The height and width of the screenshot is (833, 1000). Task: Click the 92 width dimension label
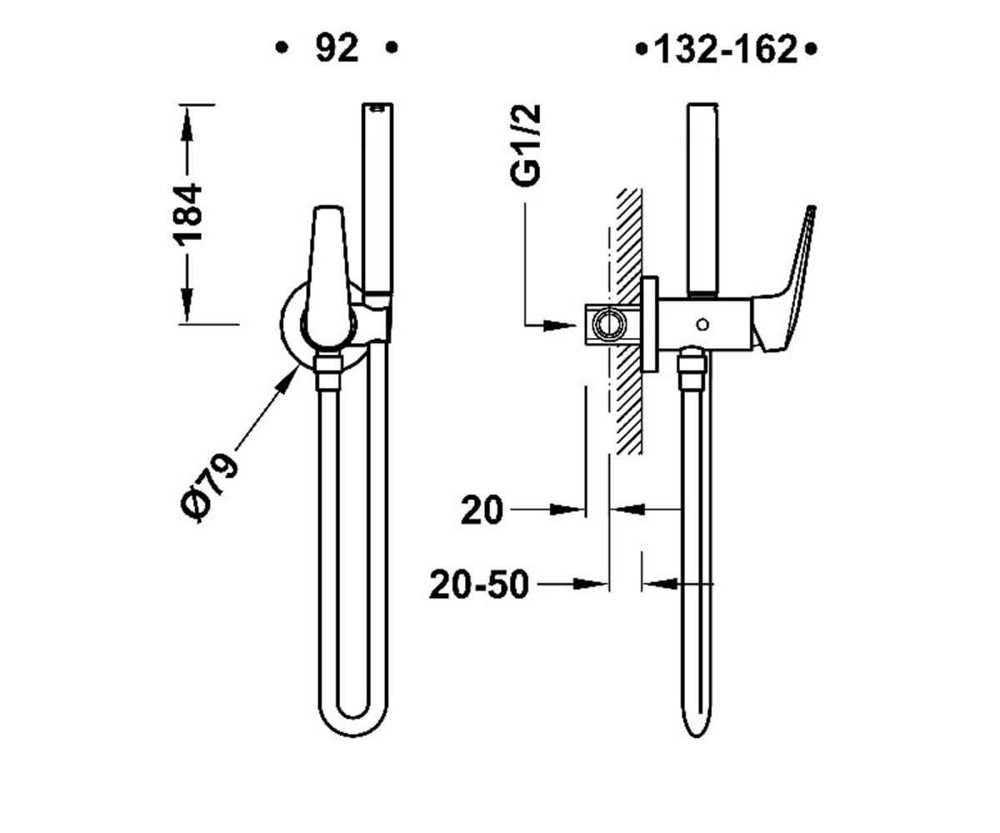click(x=337, y=48)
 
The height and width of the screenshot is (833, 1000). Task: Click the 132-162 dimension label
click(x=726, y=49)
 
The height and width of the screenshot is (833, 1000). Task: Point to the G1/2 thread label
click(x=525, y=145)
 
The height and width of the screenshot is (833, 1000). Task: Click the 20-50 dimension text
click(x=479, y=585)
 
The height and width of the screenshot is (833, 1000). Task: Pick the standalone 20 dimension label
click(x=482, y=511)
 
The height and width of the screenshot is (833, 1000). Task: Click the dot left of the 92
click(x=282, y=47)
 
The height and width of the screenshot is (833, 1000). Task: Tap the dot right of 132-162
click(x=811, y=49)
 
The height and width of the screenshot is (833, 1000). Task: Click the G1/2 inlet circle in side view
click(x=609, y=325)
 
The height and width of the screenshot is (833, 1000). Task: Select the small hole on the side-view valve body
click(x=702, y=325)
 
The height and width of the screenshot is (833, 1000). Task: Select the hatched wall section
click(x=628, y=321)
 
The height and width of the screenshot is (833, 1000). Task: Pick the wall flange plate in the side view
click(x=649, y=324)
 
